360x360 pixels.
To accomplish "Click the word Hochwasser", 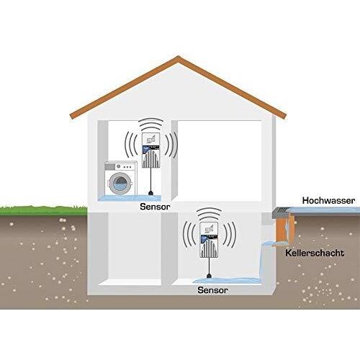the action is coord(328,200).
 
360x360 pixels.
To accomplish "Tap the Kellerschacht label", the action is coord(315,253).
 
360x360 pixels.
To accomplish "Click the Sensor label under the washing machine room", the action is coord(155,207).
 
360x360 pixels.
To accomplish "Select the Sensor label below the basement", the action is coord(212,290).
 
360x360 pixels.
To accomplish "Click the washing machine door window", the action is coord(120,183).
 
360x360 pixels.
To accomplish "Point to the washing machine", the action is coord(121,179).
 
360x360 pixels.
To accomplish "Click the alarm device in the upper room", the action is coord(151,150).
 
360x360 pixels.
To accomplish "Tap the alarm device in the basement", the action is coord(210,240).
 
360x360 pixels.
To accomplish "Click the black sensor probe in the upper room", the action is coord(151,193).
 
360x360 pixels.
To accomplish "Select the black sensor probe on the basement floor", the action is coord(210,276).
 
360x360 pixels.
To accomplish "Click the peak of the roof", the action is coord(178,57).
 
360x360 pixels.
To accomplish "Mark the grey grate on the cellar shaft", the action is coord(282,211).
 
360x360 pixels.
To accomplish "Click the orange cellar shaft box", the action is coord(285,228).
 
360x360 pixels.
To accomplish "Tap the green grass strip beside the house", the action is coord(44,210).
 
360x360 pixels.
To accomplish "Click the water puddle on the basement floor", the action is coord(227,280).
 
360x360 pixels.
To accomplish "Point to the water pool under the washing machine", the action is coord(130,198).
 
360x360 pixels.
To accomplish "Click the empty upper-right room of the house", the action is coord(219,161).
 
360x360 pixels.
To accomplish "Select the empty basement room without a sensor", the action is coord(135,248).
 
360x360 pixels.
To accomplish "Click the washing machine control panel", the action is coord(121,166).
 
